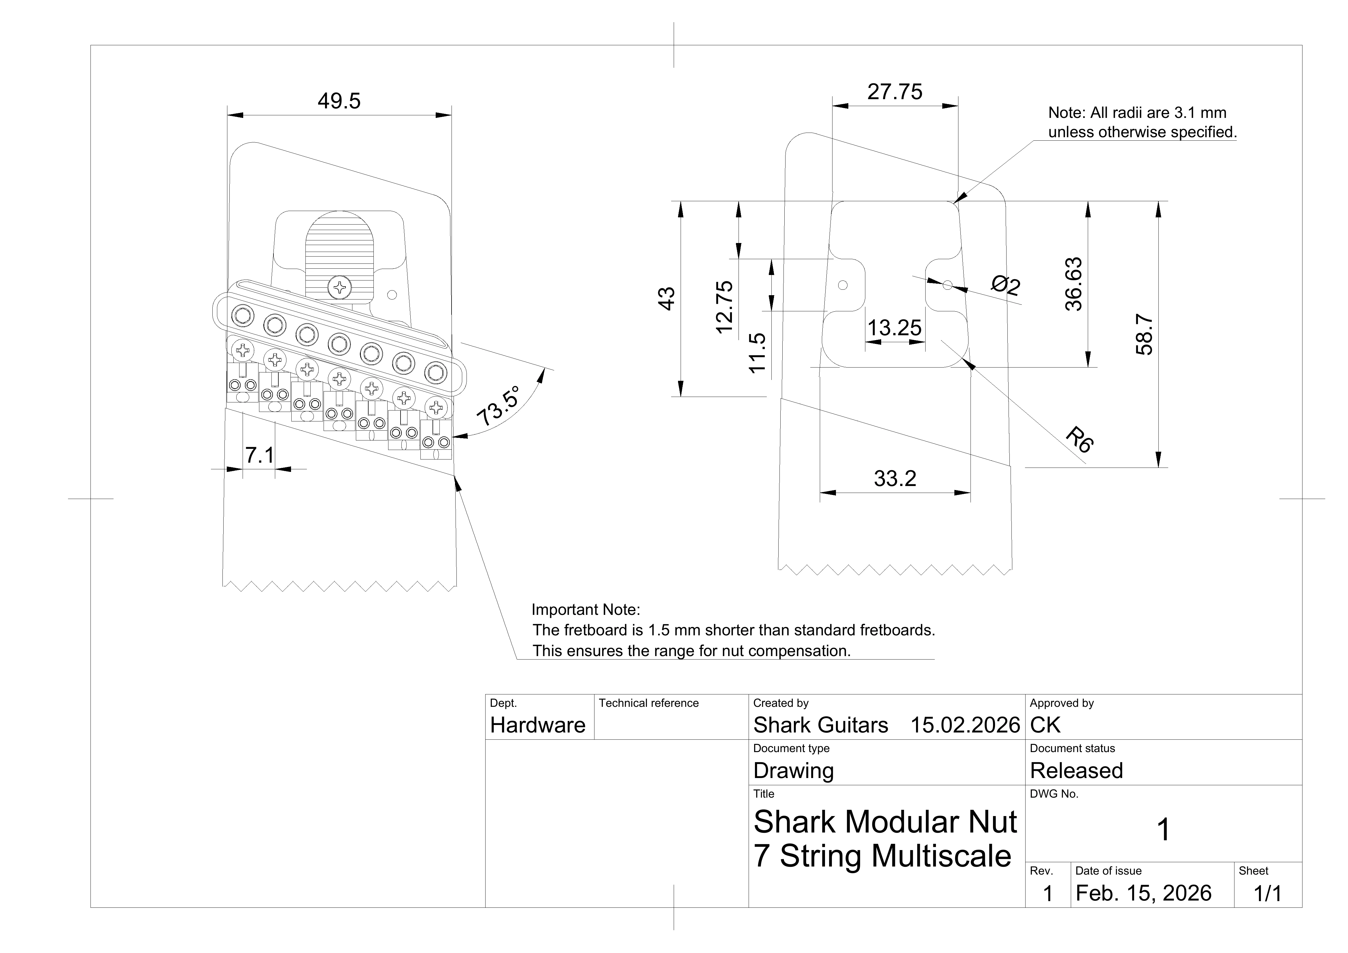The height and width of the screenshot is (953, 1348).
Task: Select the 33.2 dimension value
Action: tap(895, 479)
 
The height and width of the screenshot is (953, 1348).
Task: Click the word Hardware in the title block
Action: tap(538, 725)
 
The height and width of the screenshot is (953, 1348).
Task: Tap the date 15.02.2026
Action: tap(965, 725)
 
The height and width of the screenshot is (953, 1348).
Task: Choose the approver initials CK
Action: tap(1045, 725)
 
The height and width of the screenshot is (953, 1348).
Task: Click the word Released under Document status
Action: tap(1076, 771)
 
